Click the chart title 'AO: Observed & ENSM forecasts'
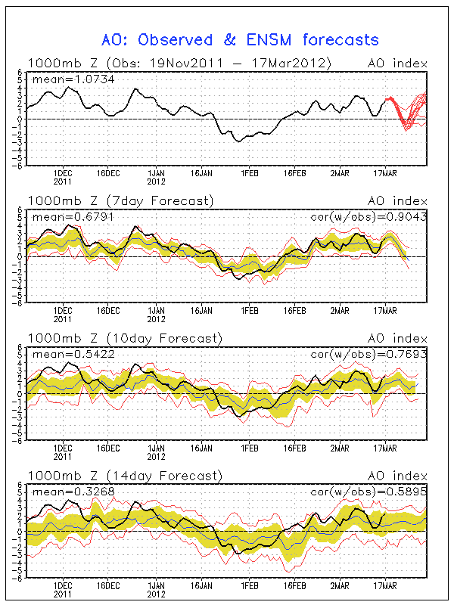coord(240,39)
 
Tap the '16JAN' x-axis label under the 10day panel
coord(202,448)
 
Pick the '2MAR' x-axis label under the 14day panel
coord(340,586)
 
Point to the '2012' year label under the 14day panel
coord(155,594)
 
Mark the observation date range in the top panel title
coord(224,63)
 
